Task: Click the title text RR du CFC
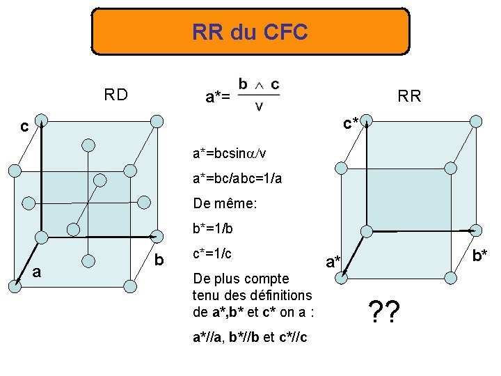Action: pos(250,32)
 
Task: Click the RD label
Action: pos(116,95)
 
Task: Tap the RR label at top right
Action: pos(409,96)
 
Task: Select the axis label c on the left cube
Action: pos(24,127)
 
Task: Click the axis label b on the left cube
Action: pos(159,260)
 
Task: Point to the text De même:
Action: pos(224,205)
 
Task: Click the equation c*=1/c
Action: pos(212,253)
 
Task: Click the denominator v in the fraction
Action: pos(259,107)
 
